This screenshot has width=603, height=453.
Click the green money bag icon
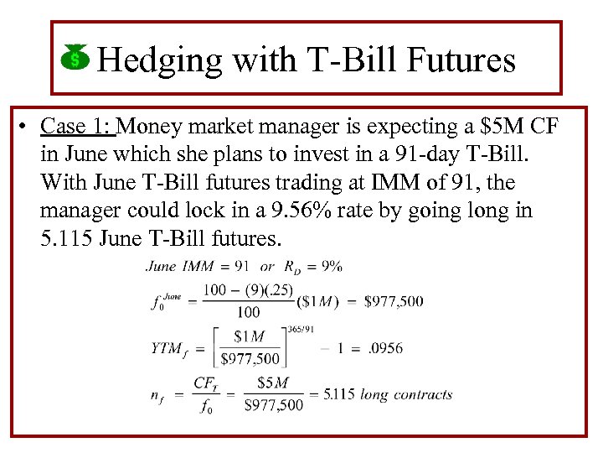pos(75,58)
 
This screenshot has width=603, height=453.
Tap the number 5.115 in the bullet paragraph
pos(65,237)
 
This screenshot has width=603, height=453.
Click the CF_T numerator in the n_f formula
pos(207,383)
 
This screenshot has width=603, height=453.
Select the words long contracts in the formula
pos(406,394)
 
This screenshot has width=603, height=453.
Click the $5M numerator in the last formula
pos(272,383)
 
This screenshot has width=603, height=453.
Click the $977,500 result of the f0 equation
pos(394,301)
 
